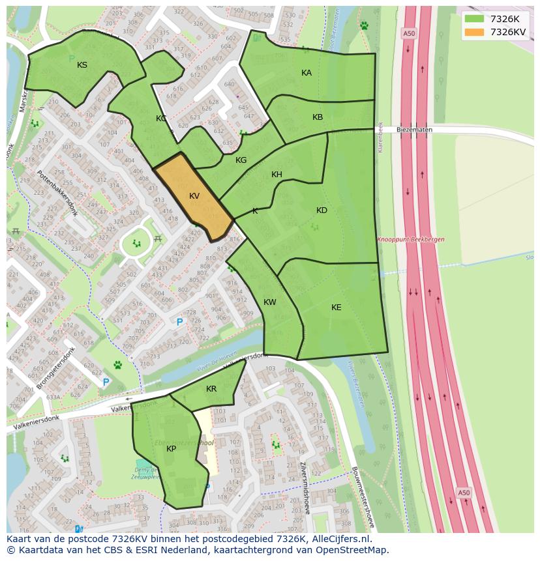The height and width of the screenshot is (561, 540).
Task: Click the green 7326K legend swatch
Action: (x=474, y=19)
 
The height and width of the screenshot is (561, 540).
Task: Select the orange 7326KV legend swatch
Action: (x=474, y=32)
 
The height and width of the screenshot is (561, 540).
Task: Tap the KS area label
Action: (x=82, y=65)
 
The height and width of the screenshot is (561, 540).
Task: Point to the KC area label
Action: (x=161, y=119)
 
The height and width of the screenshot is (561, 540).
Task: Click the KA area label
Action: (x=307, y=73)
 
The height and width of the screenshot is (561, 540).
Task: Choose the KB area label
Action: (x=318, y=117)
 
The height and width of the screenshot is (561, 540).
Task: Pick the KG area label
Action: (x=241, y=160)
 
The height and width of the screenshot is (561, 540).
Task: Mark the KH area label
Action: (x=277, y=175)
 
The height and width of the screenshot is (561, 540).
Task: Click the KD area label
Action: (x=322, y=210)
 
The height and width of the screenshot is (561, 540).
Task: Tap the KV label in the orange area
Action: (x=194, y=196)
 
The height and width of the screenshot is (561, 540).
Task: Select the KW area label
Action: (x=270, y=302)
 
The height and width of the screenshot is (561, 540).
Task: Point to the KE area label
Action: (x=336, y=308)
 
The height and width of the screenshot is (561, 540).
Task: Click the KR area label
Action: (x=211, y=389)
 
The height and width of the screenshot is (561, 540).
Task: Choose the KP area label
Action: (x=171, y=449)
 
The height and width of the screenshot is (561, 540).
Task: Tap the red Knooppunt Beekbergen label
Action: (x=410, y=240)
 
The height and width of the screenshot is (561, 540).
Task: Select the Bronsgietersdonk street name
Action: (x=57, y=367)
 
